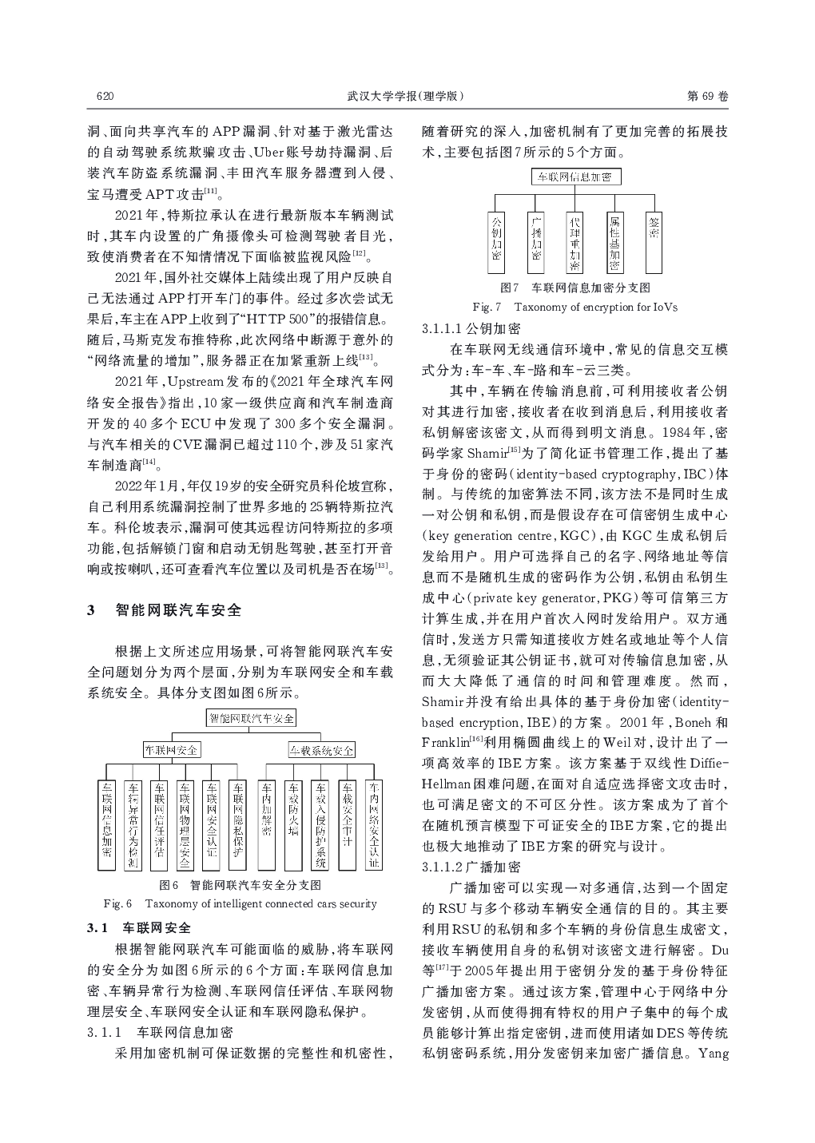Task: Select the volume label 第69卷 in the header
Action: (708, 97)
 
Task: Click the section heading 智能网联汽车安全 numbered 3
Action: (178, 611)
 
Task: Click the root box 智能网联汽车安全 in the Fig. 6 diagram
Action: (251, 718)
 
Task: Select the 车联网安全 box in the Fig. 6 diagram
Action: (171, 750)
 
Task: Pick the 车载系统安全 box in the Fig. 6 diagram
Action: (321, 750)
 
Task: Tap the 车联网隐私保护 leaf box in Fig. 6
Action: (237, 823)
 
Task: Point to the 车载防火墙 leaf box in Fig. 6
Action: (293, 823)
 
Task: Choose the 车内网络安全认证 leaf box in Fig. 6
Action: (374, 823)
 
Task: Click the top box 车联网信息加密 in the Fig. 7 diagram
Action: (574, 177)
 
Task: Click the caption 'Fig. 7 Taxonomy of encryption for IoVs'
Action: (574, 307)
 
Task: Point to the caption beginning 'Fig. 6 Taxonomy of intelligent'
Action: (241, 903)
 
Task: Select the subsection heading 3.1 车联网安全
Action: (139, 928)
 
